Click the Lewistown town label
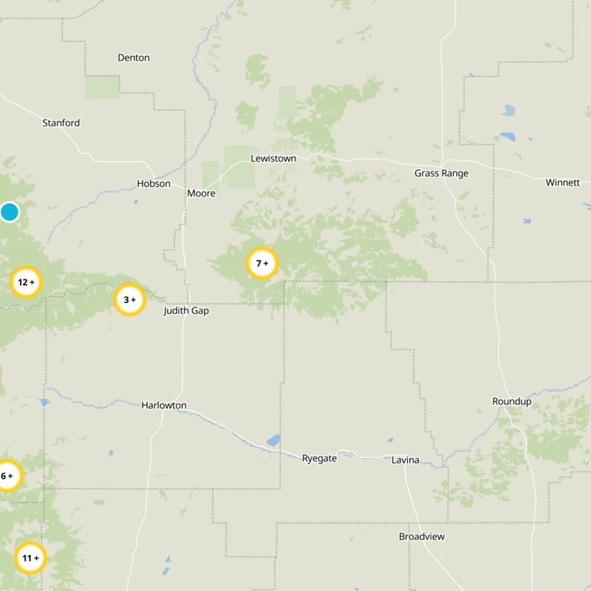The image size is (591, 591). [x=273, y=159]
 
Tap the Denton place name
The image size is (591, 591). [x=134, y=58]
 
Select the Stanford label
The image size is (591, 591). [x=61, y=123]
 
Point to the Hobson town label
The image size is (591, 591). [x=154, y=184]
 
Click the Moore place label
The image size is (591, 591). [x=201, y=194]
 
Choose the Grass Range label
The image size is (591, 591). [x=442, y=173]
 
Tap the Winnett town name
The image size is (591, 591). [x=563, y=182]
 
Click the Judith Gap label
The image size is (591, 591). [x=186, y=311]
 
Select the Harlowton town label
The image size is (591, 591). [x=164, y=406]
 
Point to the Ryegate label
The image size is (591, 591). [x=319, y=459]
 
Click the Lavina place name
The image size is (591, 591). [x=406, y=460]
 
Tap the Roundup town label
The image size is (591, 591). [x=512, y=401]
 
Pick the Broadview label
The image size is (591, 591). [x=422, y=536]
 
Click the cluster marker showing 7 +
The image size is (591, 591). [x=262, y=263]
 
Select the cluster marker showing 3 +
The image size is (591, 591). [x=129, y=300]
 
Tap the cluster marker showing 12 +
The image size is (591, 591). [x=26, y=282]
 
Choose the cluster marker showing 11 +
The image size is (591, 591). [x=30, y=558]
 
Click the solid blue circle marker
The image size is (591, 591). [x=9, y=212]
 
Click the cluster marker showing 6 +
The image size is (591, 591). [x=7, y=476]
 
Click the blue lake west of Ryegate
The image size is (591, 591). [x=273, y=440]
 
